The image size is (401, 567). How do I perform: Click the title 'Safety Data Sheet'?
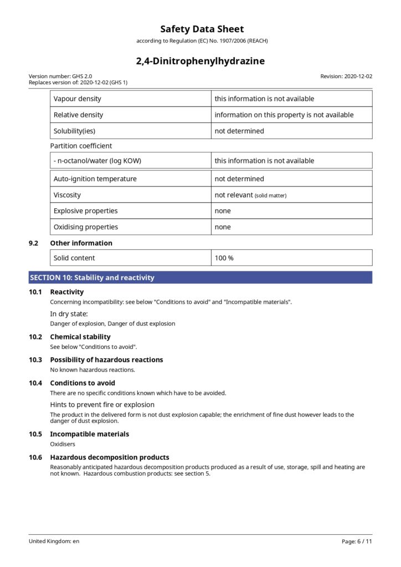[202, 29]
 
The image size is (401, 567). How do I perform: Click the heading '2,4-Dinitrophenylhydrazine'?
[200, 61]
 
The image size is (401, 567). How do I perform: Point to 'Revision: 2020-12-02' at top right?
[346, 76]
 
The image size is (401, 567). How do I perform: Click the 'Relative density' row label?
[78, 115]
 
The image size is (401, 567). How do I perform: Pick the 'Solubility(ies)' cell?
[75, 131]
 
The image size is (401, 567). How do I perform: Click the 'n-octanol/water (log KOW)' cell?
[97, 161]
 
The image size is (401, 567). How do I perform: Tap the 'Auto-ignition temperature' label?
[95, 179]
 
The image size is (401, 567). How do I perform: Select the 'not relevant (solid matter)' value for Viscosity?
[250, 195]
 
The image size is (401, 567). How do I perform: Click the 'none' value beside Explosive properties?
[223, 211]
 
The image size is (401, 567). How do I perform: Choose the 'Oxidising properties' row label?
[86, 227]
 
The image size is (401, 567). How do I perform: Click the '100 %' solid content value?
[224, 258]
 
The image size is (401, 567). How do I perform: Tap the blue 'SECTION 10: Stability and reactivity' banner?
[200, 277]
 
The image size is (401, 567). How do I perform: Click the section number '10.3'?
[35, 360]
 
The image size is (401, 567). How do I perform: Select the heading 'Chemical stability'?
[80, 337]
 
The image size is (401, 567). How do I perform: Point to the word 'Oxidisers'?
[63, 444]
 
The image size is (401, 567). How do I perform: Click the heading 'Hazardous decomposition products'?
[110, 457]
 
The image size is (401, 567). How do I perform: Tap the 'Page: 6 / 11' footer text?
[357, 541]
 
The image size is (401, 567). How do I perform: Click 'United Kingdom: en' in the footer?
[54, 541]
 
